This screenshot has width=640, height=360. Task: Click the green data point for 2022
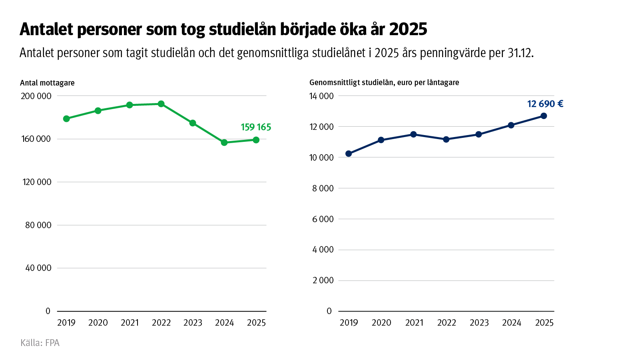tap(161, 104)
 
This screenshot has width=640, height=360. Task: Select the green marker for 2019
tap(66, 119)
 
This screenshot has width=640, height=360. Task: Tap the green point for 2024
tap(224, 142)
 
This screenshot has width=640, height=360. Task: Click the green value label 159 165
tap(256, 127)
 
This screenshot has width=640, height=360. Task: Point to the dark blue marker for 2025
tap(544, 116)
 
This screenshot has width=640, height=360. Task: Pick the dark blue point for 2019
tap(349, 154)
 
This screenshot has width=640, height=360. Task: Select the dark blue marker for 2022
tap(446, 139)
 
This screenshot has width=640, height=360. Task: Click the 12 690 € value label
tap(545, 104)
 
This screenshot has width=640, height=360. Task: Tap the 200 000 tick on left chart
tap(36, 96)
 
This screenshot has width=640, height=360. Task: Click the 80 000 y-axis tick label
tap(38, 225)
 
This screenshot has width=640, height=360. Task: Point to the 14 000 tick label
tap(321, 96)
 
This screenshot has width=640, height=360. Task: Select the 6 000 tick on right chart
tap(323, 219)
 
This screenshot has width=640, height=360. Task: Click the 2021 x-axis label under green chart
tap(130, 323)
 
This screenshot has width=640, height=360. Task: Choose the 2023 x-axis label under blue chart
tap(479, 323)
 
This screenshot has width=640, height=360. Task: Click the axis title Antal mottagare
tap(47, 83)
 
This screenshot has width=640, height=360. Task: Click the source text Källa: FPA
tap(40, 343)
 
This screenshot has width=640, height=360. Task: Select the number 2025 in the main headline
tap(408, 29)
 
